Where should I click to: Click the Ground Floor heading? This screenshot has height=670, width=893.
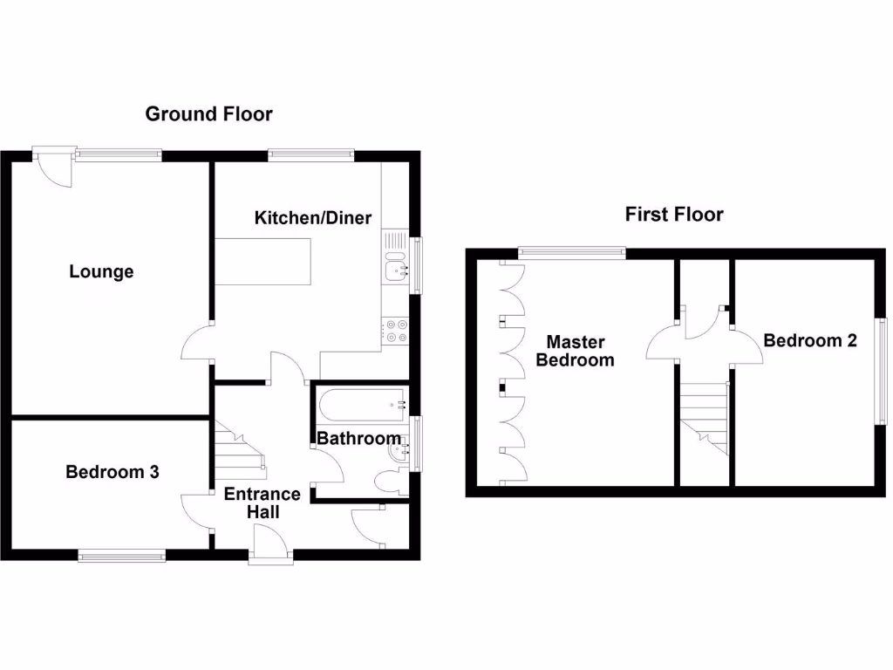208,113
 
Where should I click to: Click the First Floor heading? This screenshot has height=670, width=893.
674,215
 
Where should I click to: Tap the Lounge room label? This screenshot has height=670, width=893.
101,271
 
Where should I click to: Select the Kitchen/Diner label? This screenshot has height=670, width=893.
313,217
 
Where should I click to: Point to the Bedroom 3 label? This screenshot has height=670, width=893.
112,472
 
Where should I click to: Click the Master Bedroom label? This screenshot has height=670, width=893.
575,351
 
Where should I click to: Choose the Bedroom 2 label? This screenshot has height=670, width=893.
809,340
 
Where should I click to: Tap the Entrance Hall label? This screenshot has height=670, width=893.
262,502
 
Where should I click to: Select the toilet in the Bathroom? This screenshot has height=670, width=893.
388,482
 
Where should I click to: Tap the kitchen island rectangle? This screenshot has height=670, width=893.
264,261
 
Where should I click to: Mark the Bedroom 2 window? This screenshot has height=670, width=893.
882,371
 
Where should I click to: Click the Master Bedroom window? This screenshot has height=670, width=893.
572,253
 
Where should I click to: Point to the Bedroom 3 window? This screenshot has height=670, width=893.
121,555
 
